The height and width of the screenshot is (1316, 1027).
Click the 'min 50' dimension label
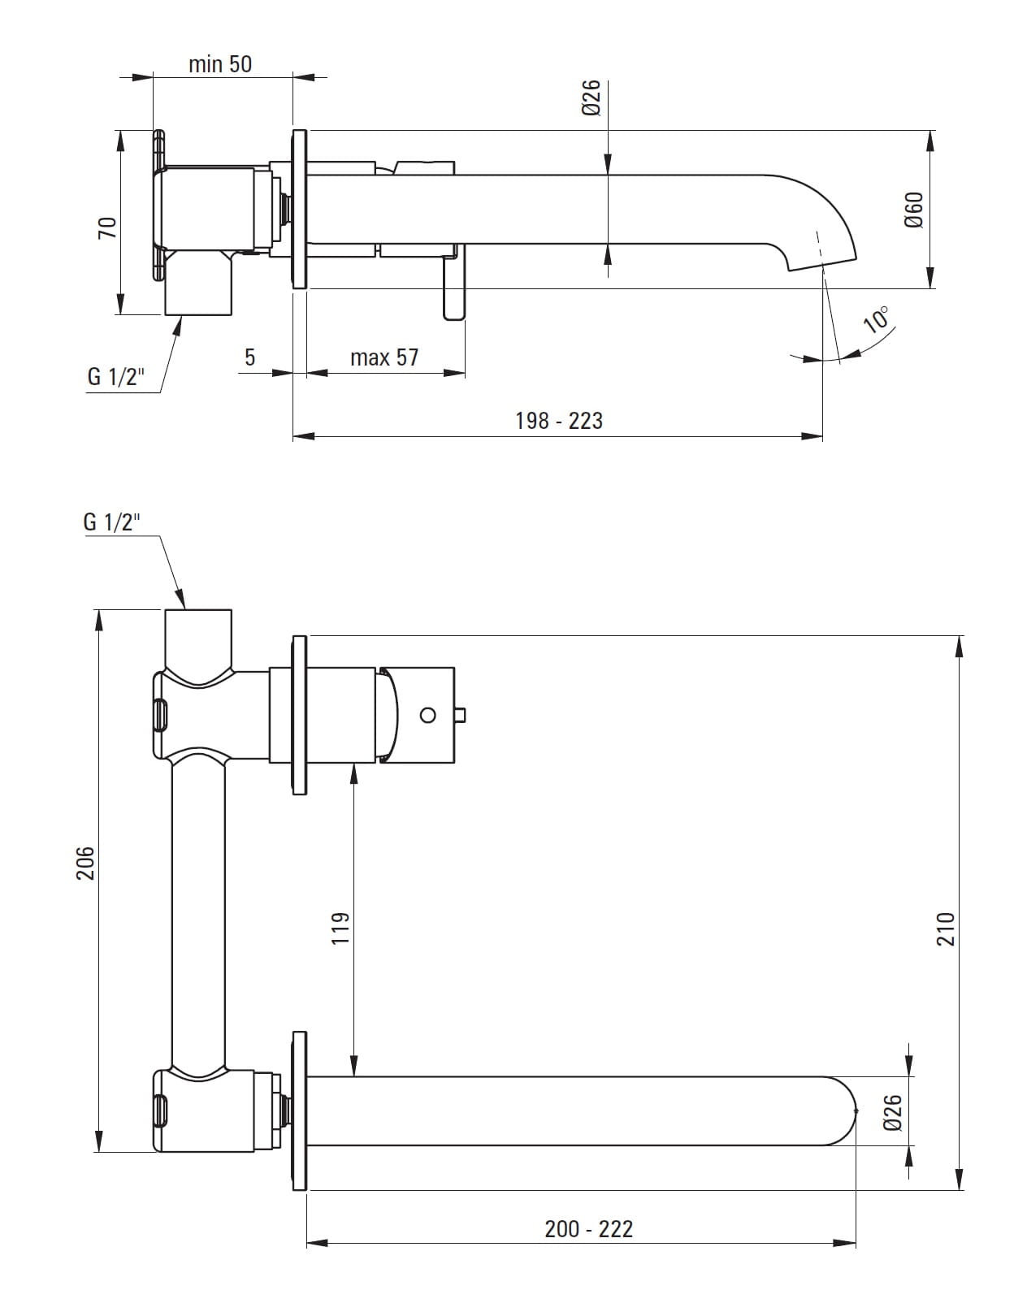[x=220, y=63]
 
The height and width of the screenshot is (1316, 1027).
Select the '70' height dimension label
[x=107, y=227]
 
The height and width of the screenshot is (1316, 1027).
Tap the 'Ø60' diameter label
[x=914, y=210]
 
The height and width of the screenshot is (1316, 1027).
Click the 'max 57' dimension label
[x=384, y=357]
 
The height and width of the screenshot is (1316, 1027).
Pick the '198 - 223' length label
[x=559, y=420]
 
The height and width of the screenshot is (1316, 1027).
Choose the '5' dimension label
[x=249, y=357]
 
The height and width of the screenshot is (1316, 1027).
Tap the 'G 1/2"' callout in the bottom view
[x=112, y=522]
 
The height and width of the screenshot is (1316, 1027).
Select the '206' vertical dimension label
[x=85, y=863]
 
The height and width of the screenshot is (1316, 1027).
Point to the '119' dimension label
[x=340, y=927]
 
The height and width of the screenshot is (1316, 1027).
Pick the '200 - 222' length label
[x=588, y=1229]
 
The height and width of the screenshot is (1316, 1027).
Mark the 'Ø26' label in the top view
[x=591, y=97]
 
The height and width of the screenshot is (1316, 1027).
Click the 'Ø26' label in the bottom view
[x=892, y=1112]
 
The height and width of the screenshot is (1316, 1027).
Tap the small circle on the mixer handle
[x=428, y=715]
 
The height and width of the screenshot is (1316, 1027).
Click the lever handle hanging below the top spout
[x=454, y=288]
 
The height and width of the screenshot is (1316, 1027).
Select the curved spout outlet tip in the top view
[x=821, y=252]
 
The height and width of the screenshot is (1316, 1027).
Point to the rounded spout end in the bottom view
[x=845, y=1110]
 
